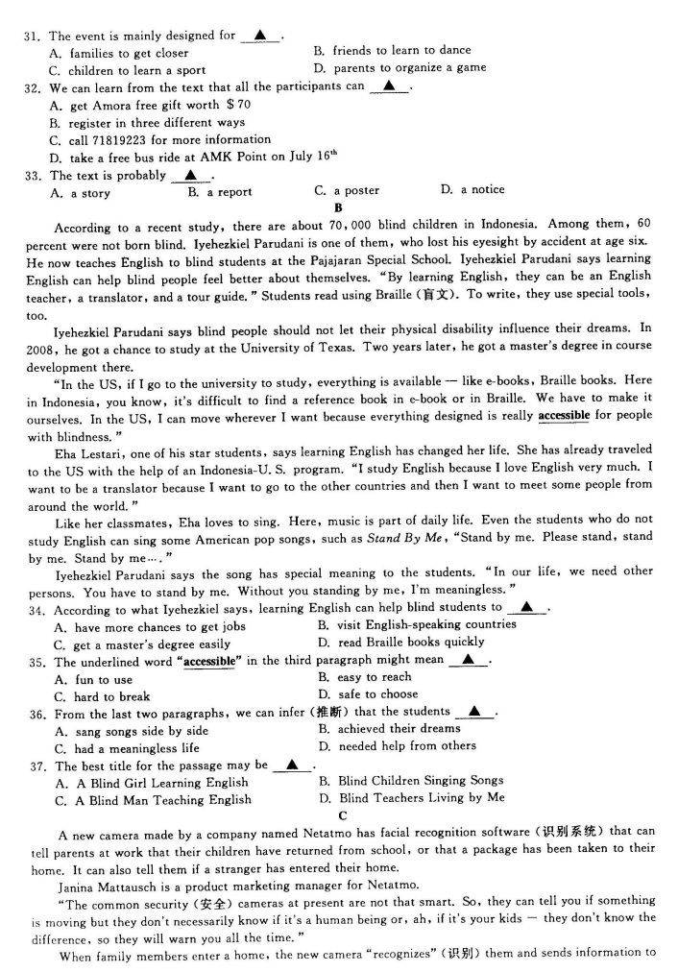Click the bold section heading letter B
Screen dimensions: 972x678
tap(338, 207)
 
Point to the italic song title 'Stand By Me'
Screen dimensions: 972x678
tap(397, 539)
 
